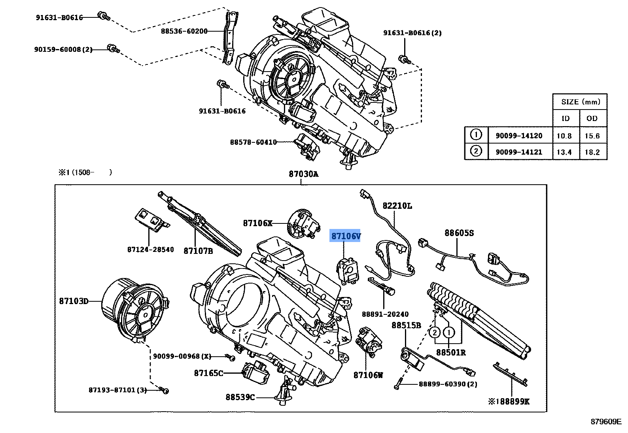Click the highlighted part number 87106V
(x=346, y=236)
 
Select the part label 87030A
(x=303, y=174)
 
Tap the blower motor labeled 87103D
(x=132, y=310)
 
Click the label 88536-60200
(x=184, y=31)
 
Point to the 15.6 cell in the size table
(x=592, y=136)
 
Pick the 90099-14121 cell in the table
(x=519, y=152)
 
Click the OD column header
(x=592, y=119)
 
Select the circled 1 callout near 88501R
(x=449, y=332)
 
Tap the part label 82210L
(x=397, y=206)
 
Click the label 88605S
(x=459, y=233)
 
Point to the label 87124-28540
(x=150, y=250)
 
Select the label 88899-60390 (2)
(x=448, y=384)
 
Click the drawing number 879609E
(x=606, y=422)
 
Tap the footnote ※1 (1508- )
(x=85, y=172)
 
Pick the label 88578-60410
(x=253, y=142)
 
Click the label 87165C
(x=208, y=373)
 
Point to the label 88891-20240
(x=385, y=314)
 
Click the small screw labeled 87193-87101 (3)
(x=166, y=391)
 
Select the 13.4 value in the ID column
(x=564, y=152)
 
